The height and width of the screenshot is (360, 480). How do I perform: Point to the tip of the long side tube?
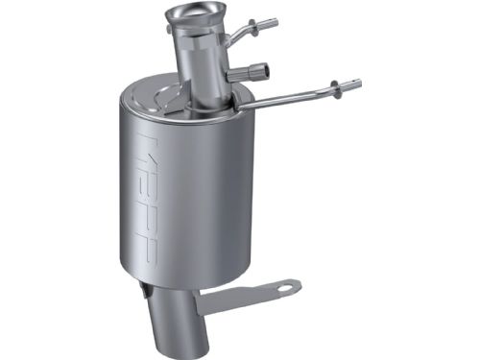357,84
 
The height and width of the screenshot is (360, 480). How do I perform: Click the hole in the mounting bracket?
285,286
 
